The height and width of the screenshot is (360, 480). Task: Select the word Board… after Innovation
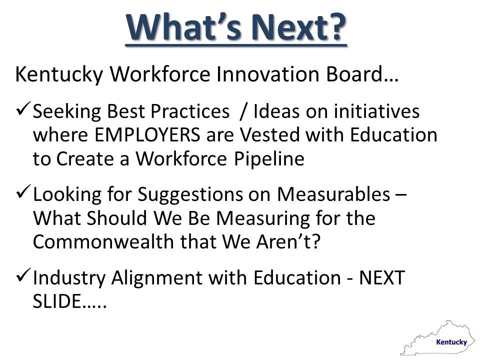click(x=362, y=74)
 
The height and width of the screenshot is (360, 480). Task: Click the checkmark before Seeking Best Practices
click(x=22, y=108)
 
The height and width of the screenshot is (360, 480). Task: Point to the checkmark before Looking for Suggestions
click(x=22, y=191)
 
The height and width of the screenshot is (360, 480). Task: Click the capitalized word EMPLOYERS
click(x=147, y=135)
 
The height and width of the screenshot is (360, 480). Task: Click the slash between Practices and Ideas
click(x=243, y=111)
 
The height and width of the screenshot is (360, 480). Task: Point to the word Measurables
click(x=333, y=194)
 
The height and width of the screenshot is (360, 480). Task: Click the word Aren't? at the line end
click(x=288, y=242)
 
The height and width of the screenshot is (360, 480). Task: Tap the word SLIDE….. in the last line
click(x=70, y=301)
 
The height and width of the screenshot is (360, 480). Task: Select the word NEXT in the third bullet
click(x=382, y=277)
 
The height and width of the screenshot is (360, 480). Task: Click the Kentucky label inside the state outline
click(x=451, y=342)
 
